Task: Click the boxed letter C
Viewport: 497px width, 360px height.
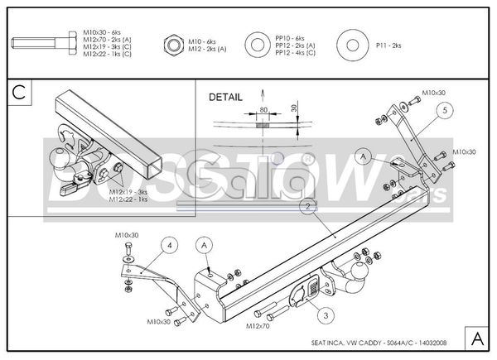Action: click(x=19, y=91)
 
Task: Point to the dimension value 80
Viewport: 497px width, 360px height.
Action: click(x=263, y=108)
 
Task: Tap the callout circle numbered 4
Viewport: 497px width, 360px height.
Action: click(x=168, y=245)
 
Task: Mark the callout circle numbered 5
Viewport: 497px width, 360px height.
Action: click(x=444, y=108)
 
